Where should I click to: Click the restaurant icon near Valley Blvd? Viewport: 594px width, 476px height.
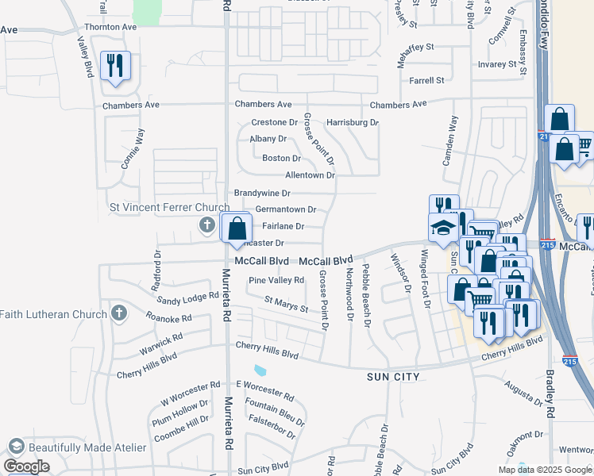click(x=116, y=63)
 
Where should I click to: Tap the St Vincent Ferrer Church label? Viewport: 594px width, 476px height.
click(x=168, y=208)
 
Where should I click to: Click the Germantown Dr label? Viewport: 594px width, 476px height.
click(x=285, y=210)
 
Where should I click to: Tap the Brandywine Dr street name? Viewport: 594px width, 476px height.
click(x=262, y=193)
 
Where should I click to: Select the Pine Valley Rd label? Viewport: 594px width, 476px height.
click(x=276, y=280)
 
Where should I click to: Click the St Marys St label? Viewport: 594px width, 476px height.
click(x=286, y=305)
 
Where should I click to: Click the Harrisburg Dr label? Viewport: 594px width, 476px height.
click(x=353, y=123)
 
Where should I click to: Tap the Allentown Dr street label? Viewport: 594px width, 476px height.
click(x=310, y=175)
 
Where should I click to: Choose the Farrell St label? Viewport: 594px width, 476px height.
click(x=426, y=81)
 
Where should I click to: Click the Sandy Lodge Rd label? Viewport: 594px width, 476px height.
click(x=187, y=299)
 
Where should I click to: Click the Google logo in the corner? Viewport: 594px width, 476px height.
click(x=27, y=466)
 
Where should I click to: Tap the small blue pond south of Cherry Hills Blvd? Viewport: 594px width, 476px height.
click(x=260, y=370)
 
